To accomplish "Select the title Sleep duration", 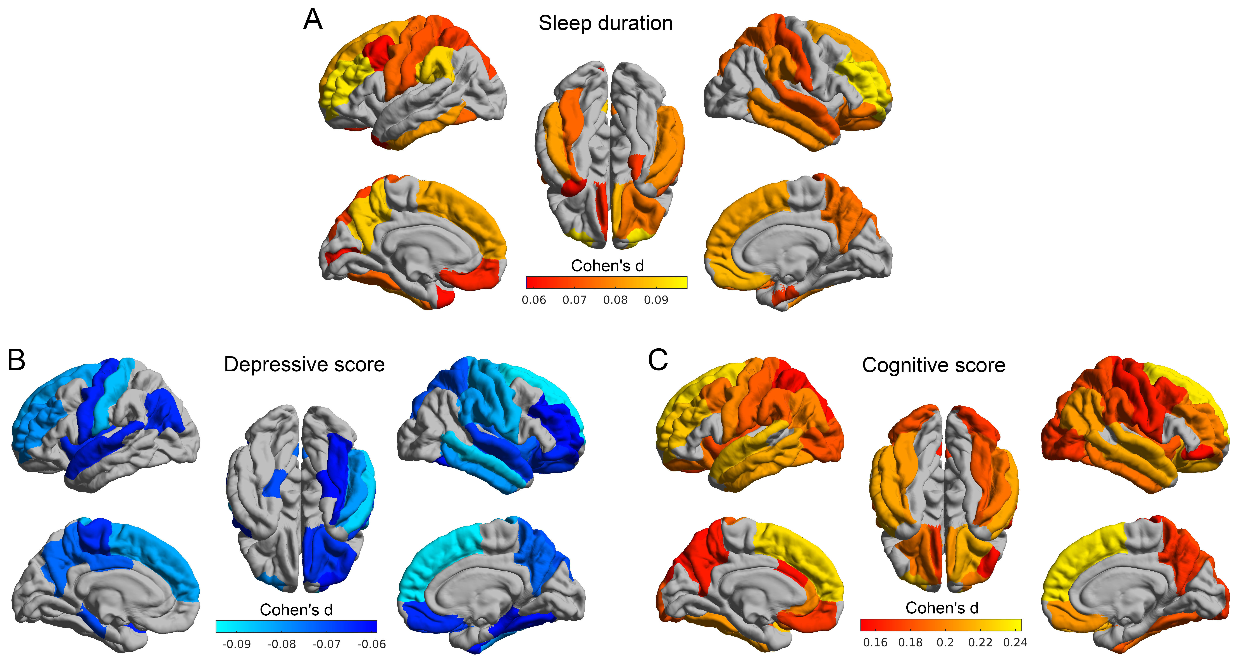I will [606, 23].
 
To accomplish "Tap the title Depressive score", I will [304, 365].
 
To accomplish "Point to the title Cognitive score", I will [933, 365].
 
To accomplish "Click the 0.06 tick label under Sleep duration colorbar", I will [534, 300].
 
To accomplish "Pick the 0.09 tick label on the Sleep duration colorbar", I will [656, 300].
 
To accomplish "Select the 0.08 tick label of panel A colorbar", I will [615, 300].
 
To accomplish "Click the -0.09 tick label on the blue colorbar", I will [237, 644].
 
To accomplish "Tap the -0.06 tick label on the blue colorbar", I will [371, 644].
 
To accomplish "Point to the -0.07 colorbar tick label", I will [327, 644].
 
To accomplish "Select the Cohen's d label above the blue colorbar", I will [296, 610].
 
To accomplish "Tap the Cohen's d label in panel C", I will [942, 608].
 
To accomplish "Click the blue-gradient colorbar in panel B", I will [296, 627].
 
